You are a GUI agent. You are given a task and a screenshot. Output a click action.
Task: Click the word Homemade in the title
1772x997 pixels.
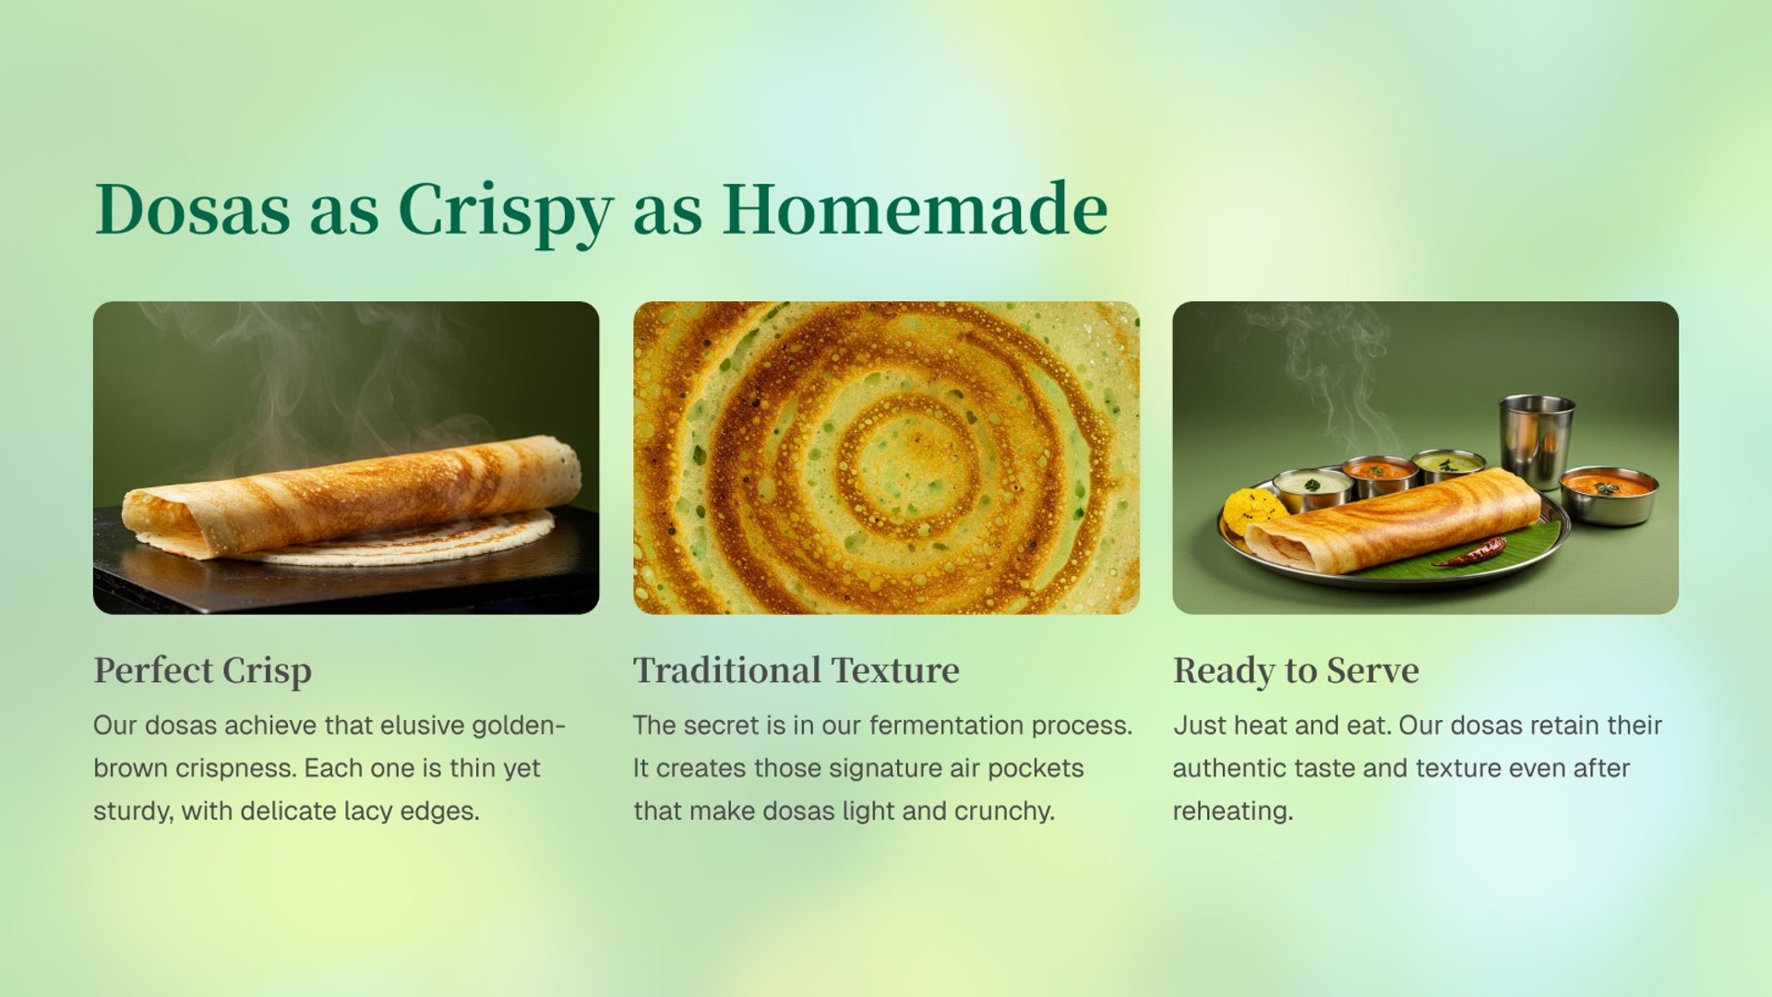[915, 209]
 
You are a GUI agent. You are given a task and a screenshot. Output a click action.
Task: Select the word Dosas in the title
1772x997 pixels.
[192, 209]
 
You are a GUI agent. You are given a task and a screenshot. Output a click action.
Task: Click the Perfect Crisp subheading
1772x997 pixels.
[203, 671]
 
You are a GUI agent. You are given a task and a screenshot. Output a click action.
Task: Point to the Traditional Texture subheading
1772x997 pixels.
[796, 670]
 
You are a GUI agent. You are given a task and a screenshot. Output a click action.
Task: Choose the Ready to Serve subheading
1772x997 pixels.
[1296, 671]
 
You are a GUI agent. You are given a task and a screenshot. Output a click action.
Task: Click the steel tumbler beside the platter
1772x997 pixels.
[1536, 439]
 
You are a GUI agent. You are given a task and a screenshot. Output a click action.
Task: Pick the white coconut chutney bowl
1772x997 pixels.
[1312, 488]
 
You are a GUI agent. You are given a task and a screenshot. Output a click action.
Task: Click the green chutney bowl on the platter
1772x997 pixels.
[1450, 465]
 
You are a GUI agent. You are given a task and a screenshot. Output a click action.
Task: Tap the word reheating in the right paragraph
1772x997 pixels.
[1233, 811]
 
